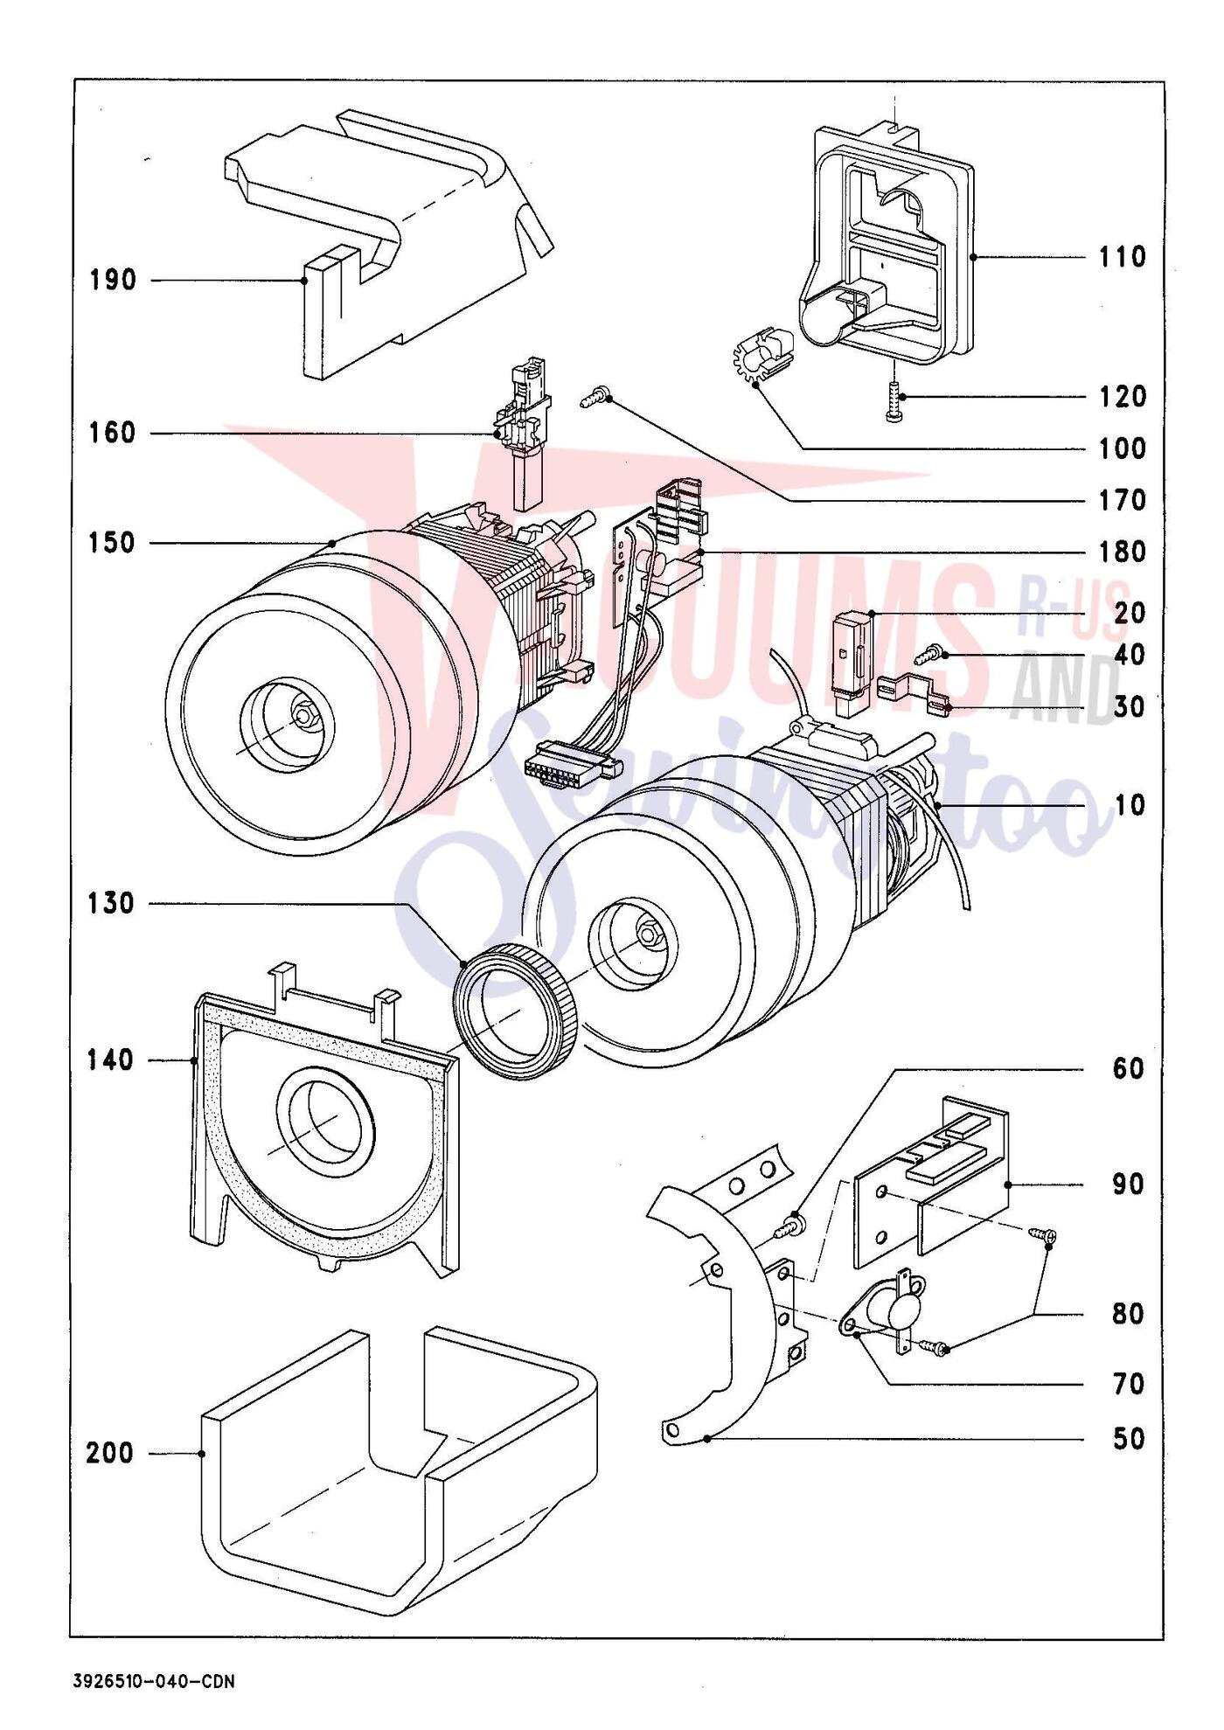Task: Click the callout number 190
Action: pyautogui.click(x=114, y=281)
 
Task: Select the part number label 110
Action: pyautogui.click(x=1122, y=257)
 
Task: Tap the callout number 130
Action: pyautogui.click(x=111, y=903)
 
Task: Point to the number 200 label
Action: pyautogui.click(x=110, y=1453)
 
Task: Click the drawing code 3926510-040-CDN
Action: pyautogui.click(x=154, y=1681)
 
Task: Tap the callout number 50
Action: pyautogui.click(x=1127, y=1439)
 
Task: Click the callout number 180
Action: pyautogui.click(x=1122, y=552)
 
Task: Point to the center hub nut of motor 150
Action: pyautogui.click(x=303, y=715)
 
